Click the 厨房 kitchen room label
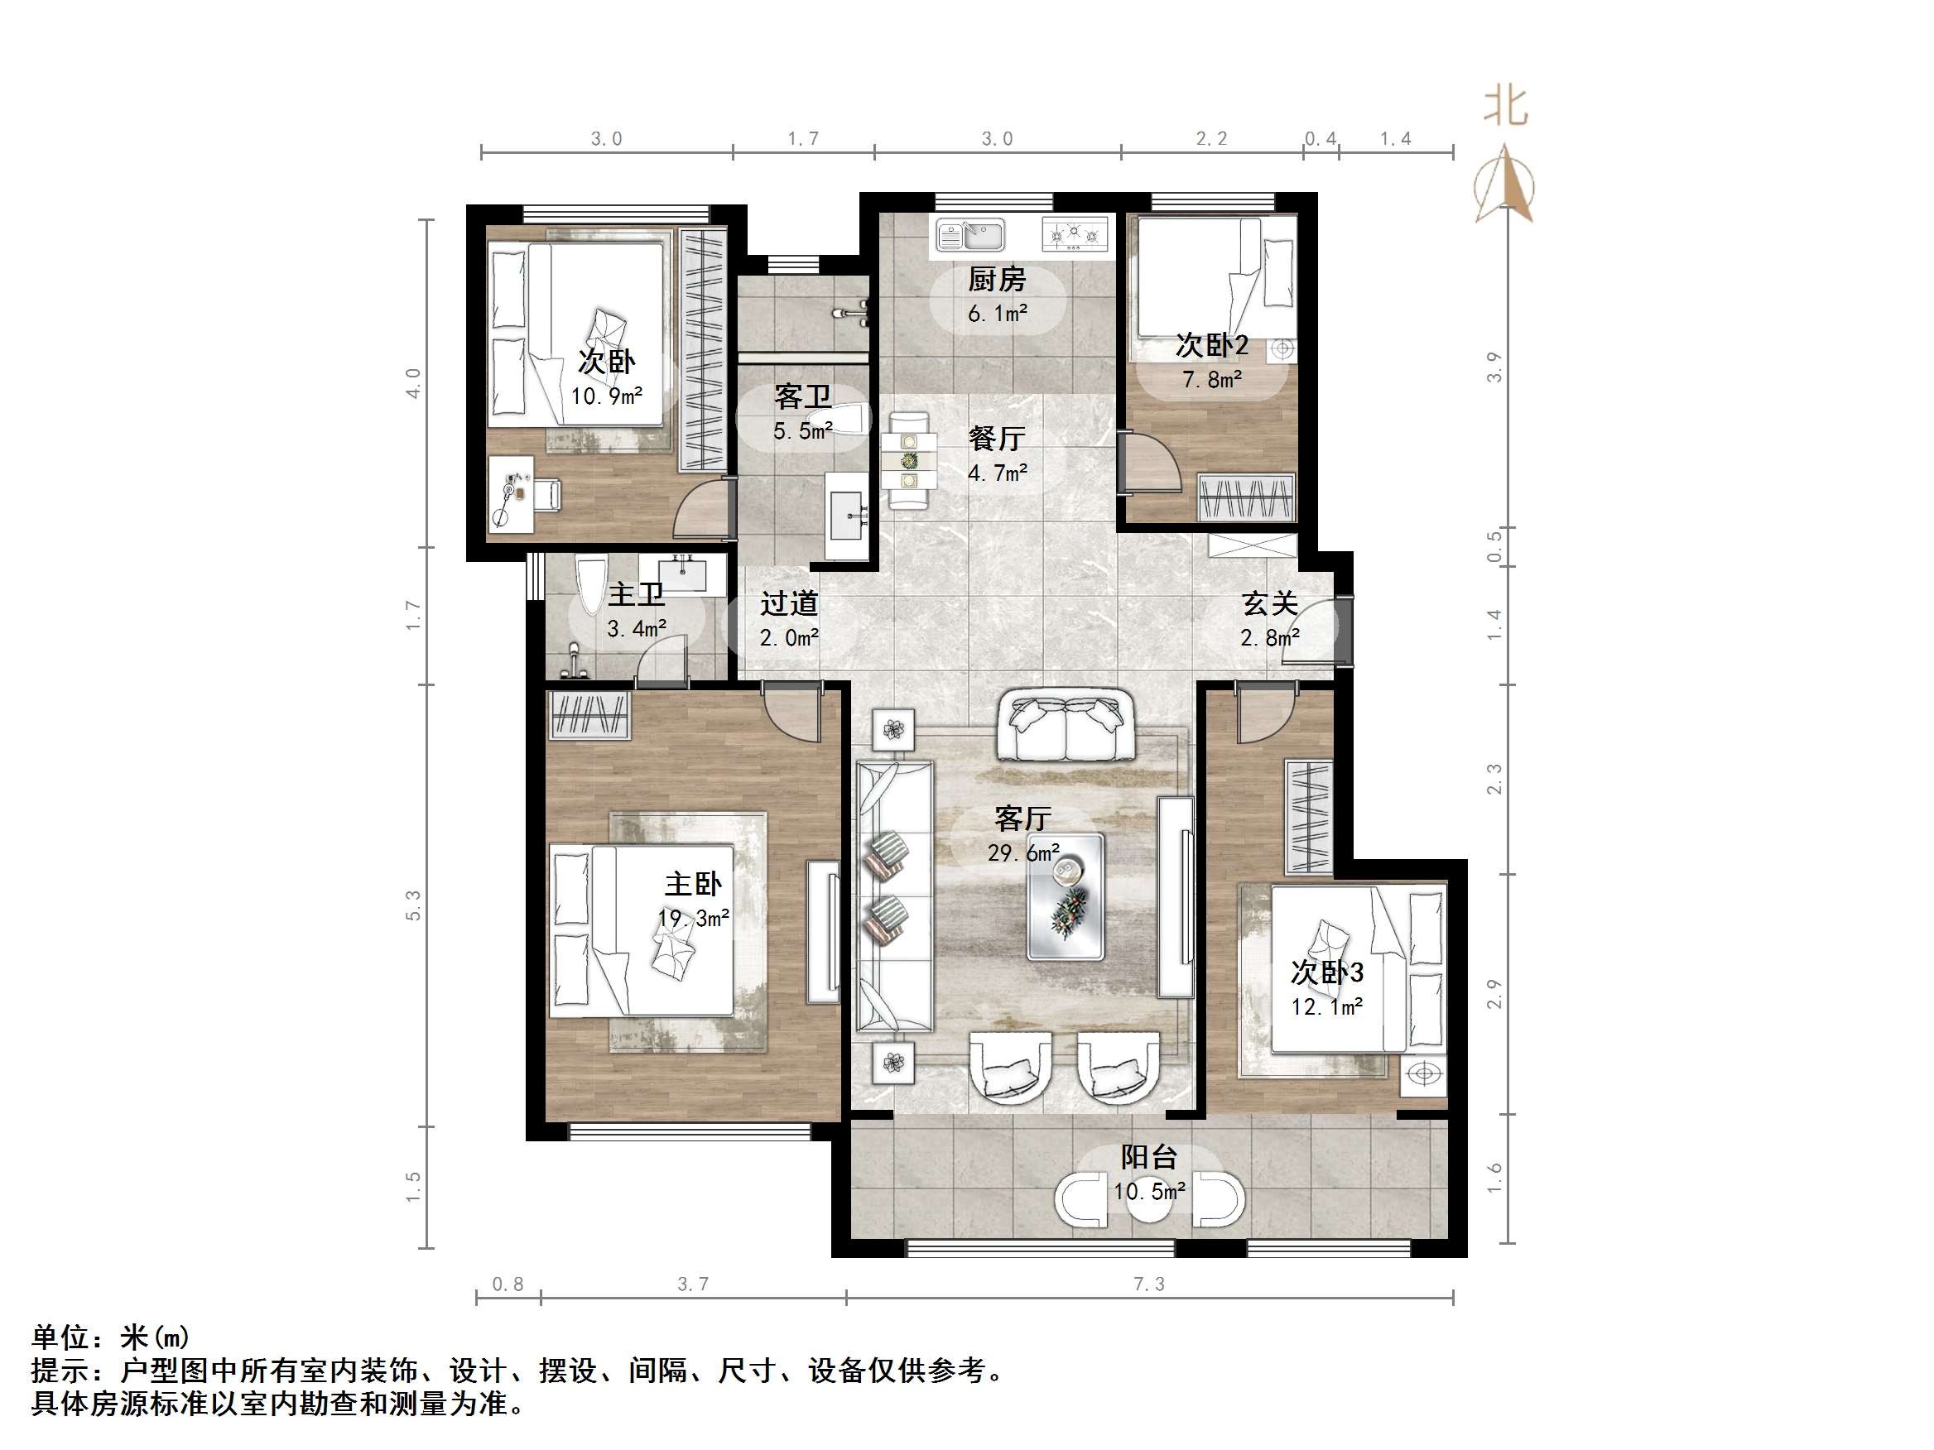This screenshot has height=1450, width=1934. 996,280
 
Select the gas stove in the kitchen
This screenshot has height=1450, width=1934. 1075,234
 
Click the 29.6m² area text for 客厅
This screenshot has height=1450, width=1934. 1023,852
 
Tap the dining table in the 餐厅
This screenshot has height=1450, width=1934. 909,459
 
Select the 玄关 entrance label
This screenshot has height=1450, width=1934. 1269,603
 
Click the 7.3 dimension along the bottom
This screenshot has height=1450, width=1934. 1149,1284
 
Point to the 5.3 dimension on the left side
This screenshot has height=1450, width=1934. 414,905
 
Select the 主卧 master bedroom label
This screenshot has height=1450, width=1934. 692,884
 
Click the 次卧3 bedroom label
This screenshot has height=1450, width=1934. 1326,972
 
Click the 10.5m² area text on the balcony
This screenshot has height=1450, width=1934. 1149,1190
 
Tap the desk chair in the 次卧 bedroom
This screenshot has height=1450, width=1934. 547,495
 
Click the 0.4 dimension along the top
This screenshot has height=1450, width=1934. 1321,139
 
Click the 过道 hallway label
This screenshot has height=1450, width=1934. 789,603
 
